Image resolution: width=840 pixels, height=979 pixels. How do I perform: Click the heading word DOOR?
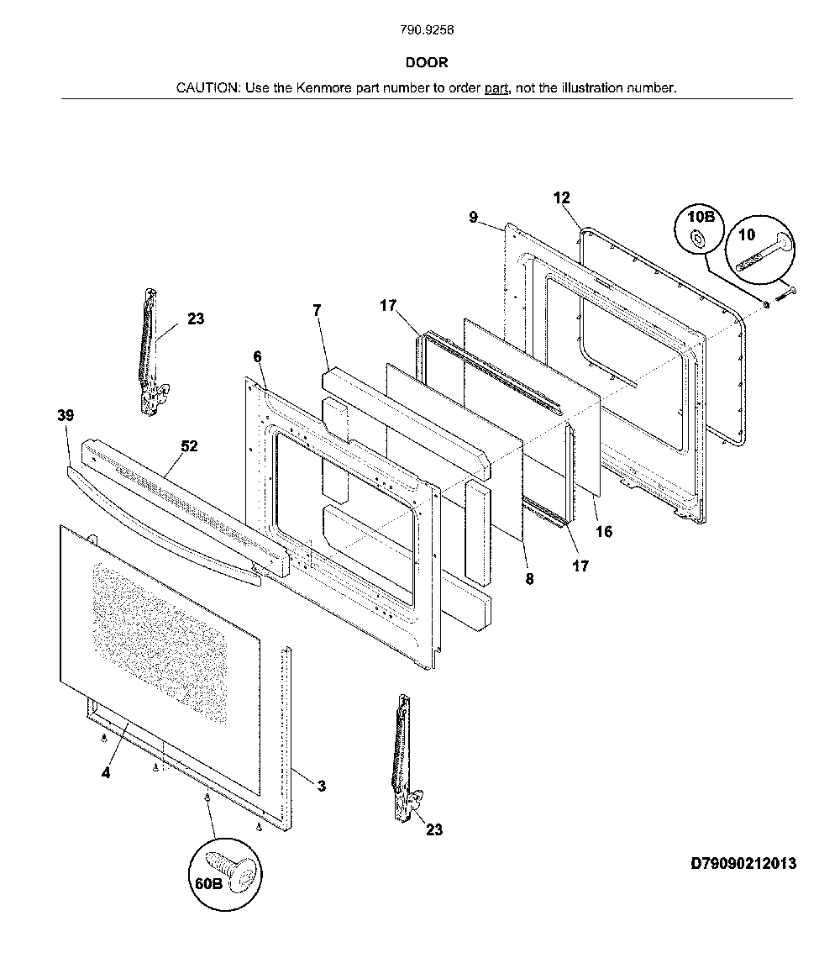pyautogui.click(x=427, y=62)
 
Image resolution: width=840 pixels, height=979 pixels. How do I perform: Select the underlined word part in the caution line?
pyautogui.click(x=497, y=87)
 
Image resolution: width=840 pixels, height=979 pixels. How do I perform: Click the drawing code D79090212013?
pyautogui.click(x=743, y=864)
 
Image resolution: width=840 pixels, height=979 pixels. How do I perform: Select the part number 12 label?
pyautogui.click(x=561, y=198)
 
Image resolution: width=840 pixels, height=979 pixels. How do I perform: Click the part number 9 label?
pyautogui.click(x=473, y=218)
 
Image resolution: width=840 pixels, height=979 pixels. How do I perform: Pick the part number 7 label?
pyautogui.click(x=317, y=310)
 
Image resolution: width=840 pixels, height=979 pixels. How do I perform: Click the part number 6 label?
pyautogui.click(x=258, y=357)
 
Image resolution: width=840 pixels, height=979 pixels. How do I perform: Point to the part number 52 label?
pyautogui.click(x=190, y=446)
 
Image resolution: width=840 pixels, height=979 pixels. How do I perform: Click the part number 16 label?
pyautogui.click(x=604, y=531)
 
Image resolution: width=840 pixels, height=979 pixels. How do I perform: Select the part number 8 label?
pyautogui.click(x=529, y=579)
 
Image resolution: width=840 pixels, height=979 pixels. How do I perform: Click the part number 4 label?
pyautogui.click(x=106, y=773)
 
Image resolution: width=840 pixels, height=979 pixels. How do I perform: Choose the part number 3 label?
pyautogui.click(x=321, y=786)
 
